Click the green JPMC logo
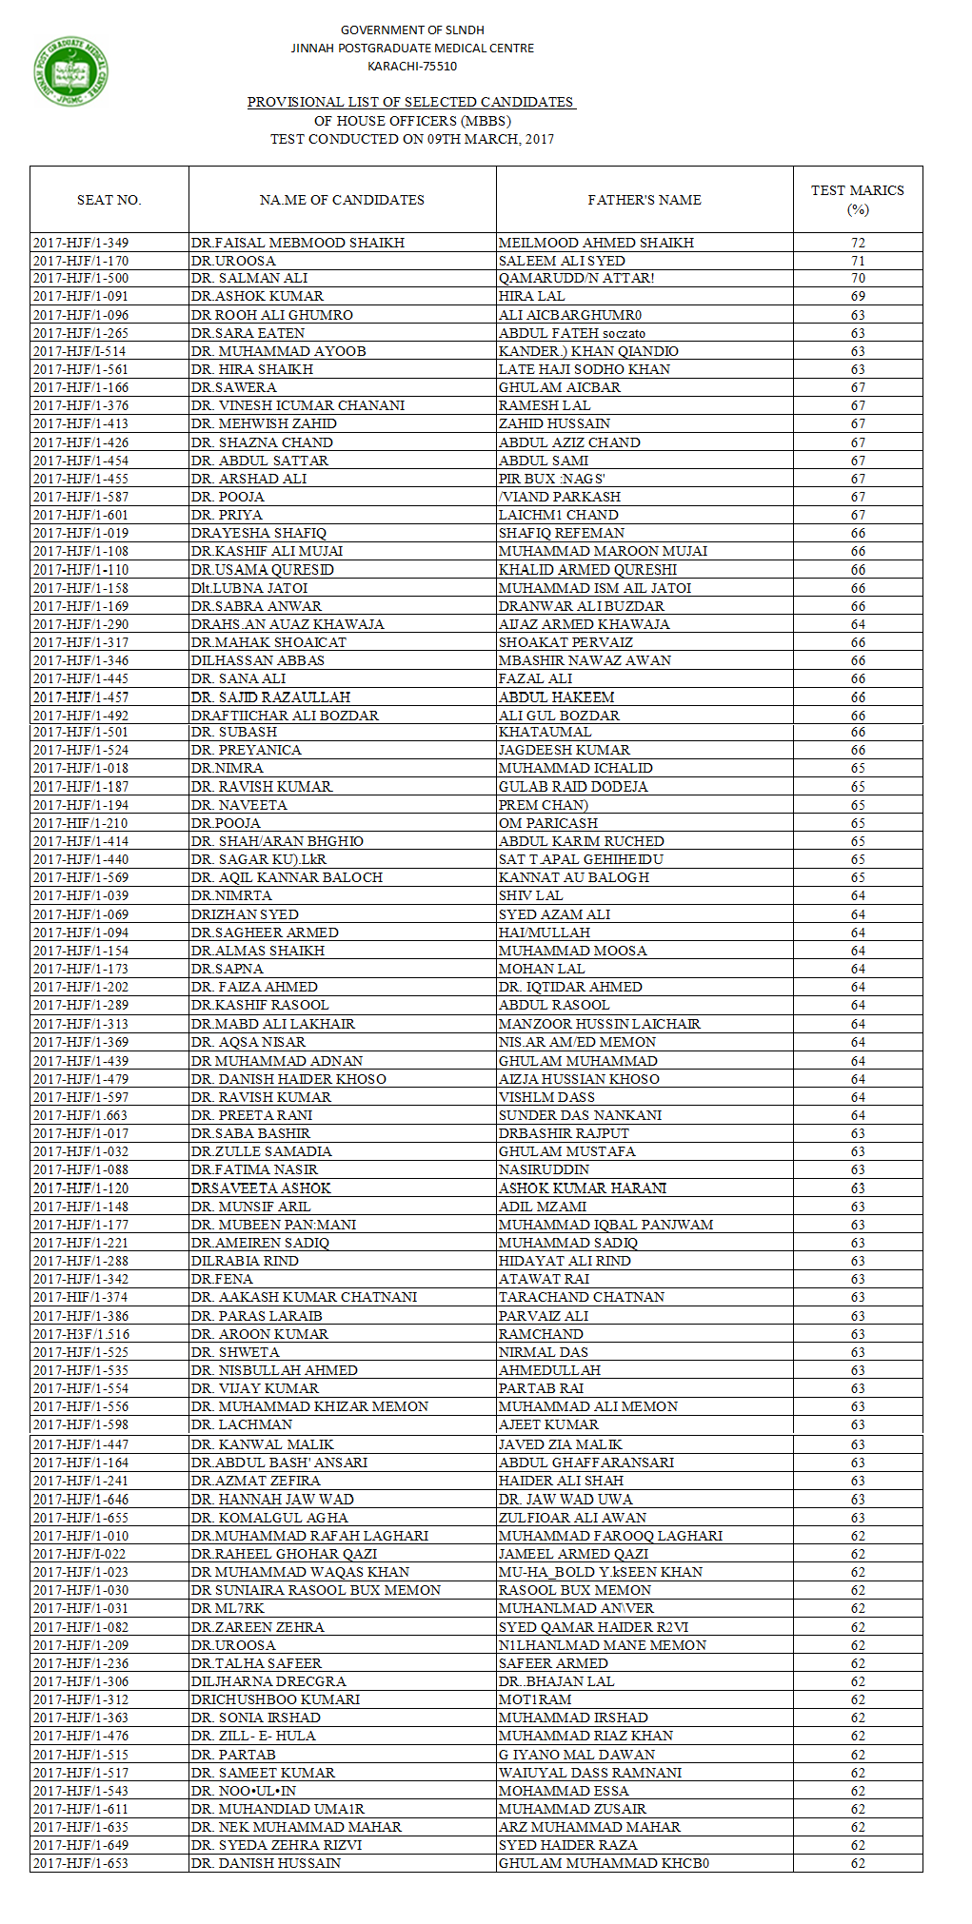click(x=70, y=71)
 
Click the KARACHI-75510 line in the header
click(x=412, y=67)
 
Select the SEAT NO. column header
click(x=109, y=200)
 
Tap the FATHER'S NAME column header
click(x=644, y=200)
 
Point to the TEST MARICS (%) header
click(x=857, y=200)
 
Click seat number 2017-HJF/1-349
click(x=81, y=243)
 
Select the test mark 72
click(x=858, y=243)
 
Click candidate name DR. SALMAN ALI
click(x=249, y=278)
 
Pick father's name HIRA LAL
click(x=531, y=296)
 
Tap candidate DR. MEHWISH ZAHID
click(x=264, y=423)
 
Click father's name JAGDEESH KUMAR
click(x=565, y=750)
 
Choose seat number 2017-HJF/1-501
click(x=81, y=732)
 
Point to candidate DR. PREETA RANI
click(x=251, y=1115)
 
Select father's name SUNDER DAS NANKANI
click(x=580, y=1115)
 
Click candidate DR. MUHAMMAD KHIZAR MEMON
click(x=309, y=1406)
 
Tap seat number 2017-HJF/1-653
click(x=81, y=1863)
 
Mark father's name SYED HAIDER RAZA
click(x=567, y=1845)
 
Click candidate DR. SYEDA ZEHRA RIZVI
click(x=276, y=1845)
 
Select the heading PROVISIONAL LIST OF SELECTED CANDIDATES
click(x=411, y=102)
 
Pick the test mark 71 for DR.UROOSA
click(x=858, y=261)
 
